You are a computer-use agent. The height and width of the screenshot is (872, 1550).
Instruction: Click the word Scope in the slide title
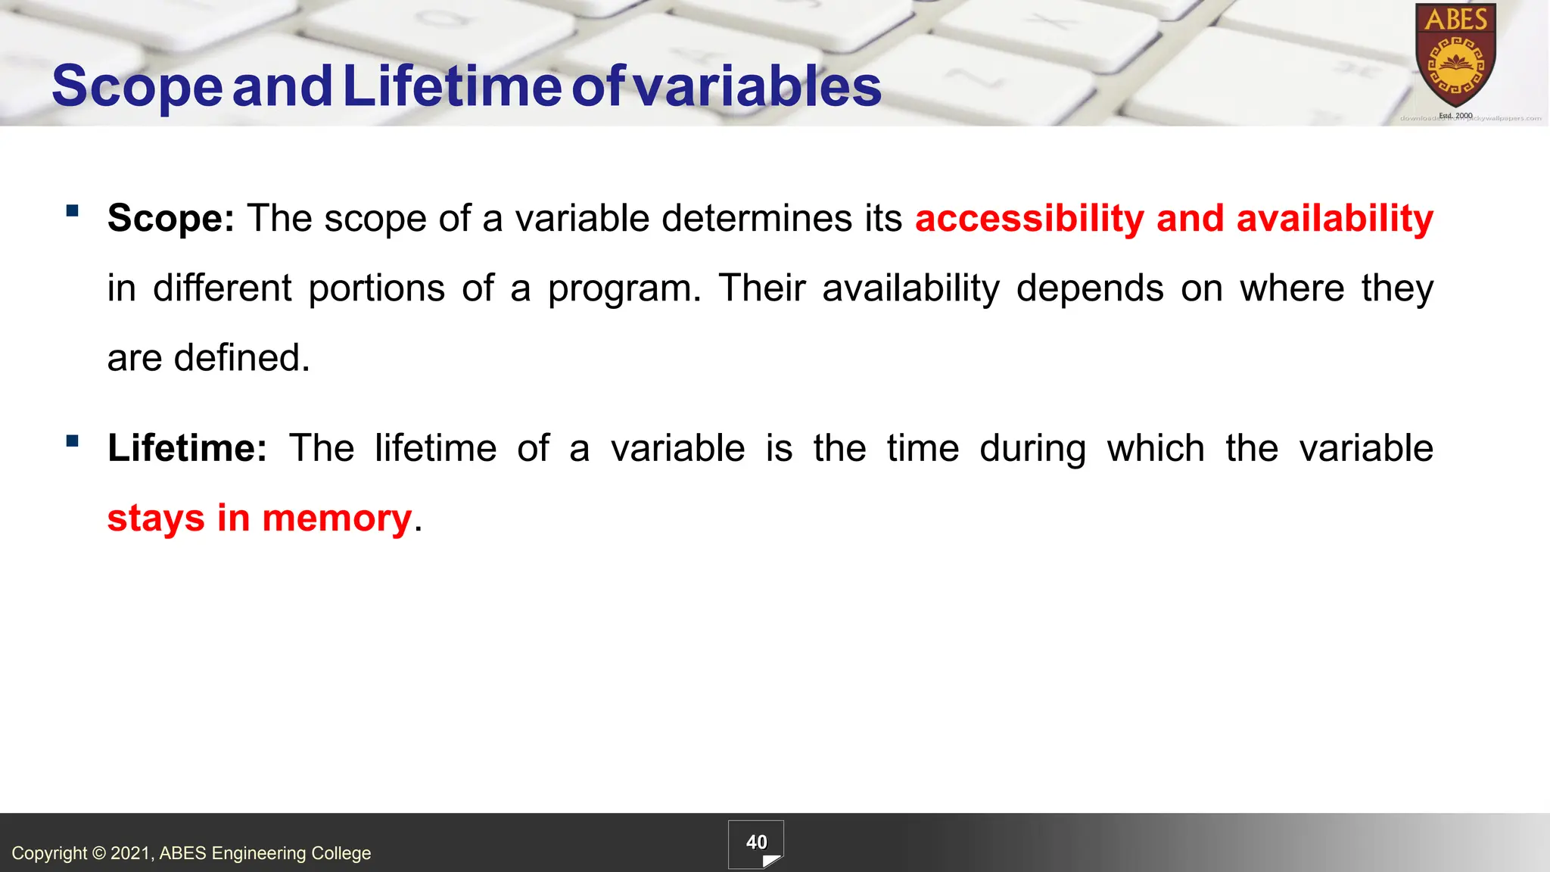click(137, 86)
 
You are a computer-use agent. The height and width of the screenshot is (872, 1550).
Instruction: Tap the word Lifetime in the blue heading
click(452, 86)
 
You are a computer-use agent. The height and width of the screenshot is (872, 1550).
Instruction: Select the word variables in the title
click(757, 86)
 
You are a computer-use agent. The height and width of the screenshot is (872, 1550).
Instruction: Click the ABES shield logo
click(1455, 57)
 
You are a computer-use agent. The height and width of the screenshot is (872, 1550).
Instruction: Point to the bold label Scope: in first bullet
click(171, 219)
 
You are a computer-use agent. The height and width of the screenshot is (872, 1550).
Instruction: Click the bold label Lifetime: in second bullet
click(187, 448)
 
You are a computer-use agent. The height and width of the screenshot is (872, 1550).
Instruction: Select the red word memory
click(337, 519)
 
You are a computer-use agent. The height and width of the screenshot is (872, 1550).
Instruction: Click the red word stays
click(156, 519)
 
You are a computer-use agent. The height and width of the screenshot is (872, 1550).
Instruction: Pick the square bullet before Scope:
click(73, 211)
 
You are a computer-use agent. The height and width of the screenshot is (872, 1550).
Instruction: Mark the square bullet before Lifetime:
click(73, 441)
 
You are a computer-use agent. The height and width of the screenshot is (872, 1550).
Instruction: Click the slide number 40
click(756, 842)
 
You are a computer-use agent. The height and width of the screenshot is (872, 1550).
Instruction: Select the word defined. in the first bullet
click(242, 358)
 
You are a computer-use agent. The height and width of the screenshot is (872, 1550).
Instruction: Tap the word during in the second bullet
click(1032, 448)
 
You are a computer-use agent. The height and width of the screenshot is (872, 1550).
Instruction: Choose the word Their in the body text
click(762, 288)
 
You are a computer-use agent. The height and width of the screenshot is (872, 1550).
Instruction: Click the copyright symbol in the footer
click(98, 854)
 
